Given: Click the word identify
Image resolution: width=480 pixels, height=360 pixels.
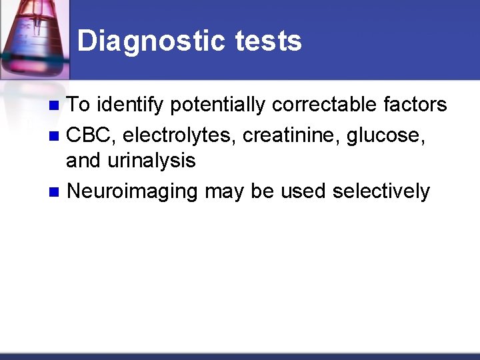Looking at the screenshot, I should pos(130,105).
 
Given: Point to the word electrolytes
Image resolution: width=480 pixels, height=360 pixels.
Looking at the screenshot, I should pos(179,135).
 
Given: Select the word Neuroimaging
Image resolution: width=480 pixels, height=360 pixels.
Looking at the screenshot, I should pos(133,192).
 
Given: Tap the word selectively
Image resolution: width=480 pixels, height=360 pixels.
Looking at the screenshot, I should pos(381,191).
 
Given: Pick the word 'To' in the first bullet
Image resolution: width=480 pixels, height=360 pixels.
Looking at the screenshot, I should pos(80,105).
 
